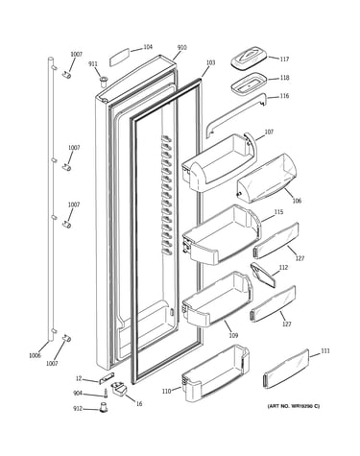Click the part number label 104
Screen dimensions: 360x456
[x=148, y=47]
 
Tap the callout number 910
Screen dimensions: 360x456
[x=181, y=48]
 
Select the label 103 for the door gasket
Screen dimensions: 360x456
[x=210, y=62]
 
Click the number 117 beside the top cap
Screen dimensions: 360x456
[x=284, y=59]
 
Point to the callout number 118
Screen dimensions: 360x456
[x=284, y=78]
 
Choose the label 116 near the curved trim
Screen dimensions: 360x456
[x=284, y=96]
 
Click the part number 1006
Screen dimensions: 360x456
[x=35, y=355]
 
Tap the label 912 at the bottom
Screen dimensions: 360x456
[x=78, y=409]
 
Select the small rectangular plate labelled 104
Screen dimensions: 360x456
[x=119, y=57]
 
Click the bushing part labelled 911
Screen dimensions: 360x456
[x=104, y=81]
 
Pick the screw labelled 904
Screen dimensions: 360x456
[x=106, y=393]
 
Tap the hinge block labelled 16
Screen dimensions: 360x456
[x=119, y=388]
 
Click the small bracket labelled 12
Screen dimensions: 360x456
[x=107, y=378]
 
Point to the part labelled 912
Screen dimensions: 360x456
[x=104, y=408]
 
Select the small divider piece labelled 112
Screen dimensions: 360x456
[x=263, y=275]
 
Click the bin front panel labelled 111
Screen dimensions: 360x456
[x=286, y=370]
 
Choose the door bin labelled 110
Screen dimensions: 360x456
[x=215, y=372]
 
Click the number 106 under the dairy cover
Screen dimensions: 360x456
[x=297, y=201]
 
